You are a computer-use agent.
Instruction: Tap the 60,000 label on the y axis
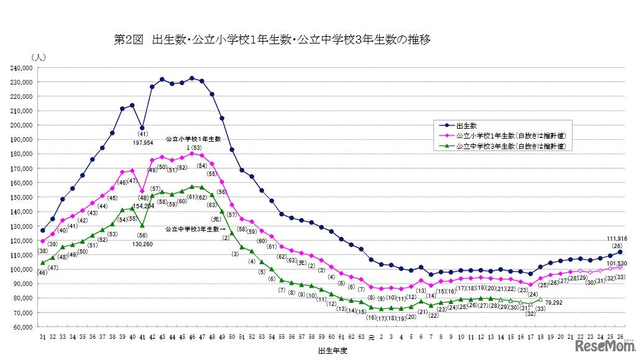click(x=22, y=327)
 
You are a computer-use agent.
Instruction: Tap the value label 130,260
click(x=142, y=244)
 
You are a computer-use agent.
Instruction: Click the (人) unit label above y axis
click(x=39, y=57)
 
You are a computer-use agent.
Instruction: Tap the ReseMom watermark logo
click(x=605, y=346)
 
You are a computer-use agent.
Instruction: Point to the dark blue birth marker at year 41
click(x=142, y=128)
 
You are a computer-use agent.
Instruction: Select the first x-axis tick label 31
click(x=42, y=337)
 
